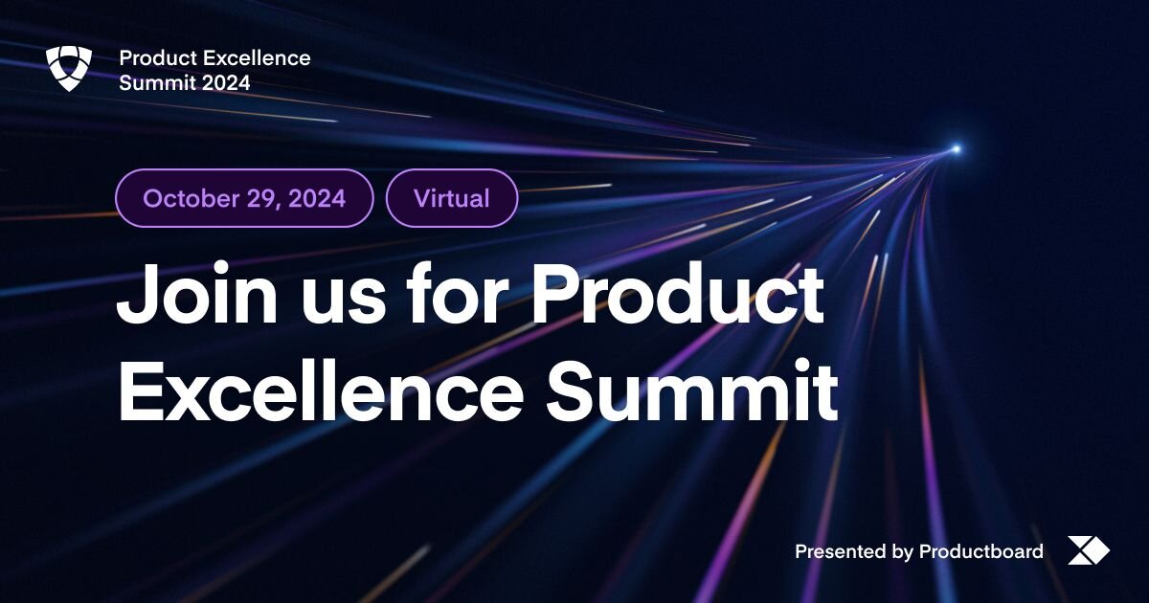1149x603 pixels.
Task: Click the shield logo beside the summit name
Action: click(68, 69)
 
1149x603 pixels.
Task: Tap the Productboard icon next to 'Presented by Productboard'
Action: click(1088, 550)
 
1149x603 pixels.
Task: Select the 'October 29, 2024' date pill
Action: click(244, 198)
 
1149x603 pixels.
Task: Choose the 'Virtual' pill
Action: click(452, 198)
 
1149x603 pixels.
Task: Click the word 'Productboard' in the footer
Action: click(980, 551)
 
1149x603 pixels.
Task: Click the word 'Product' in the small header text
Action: click(152, 58)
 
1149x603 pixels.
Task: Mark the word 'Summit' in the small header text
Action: click(157, 83)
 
